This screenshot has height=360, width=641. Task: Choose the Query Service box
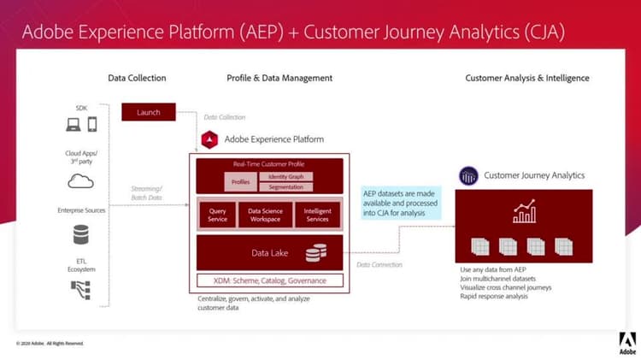coord(218,215)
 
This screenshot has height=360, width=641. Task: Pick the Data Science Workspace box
coord(266,215)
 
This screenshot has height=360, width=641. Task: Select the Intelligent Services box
coord(317,215)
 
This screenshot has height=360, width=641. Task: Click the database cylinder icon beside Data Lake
coord(317,253)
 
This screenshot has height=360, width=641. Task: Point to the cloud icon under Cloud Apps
coord(79,181)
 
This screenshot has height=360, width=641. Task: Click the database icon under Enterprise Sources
coord(80,234)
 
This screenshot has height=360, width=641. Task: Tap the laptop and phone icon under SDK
coord(82,125)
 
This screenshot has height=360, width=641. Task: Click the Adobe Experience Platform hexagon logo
coord(209,139)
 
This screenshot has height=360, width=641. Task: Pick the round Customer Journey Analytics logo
coord(468,176)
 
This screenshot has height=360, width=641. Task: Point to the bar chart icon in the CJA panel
coord(524,211)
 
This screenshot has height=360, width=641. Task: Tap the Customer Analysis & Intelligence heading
coord(526,78)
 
